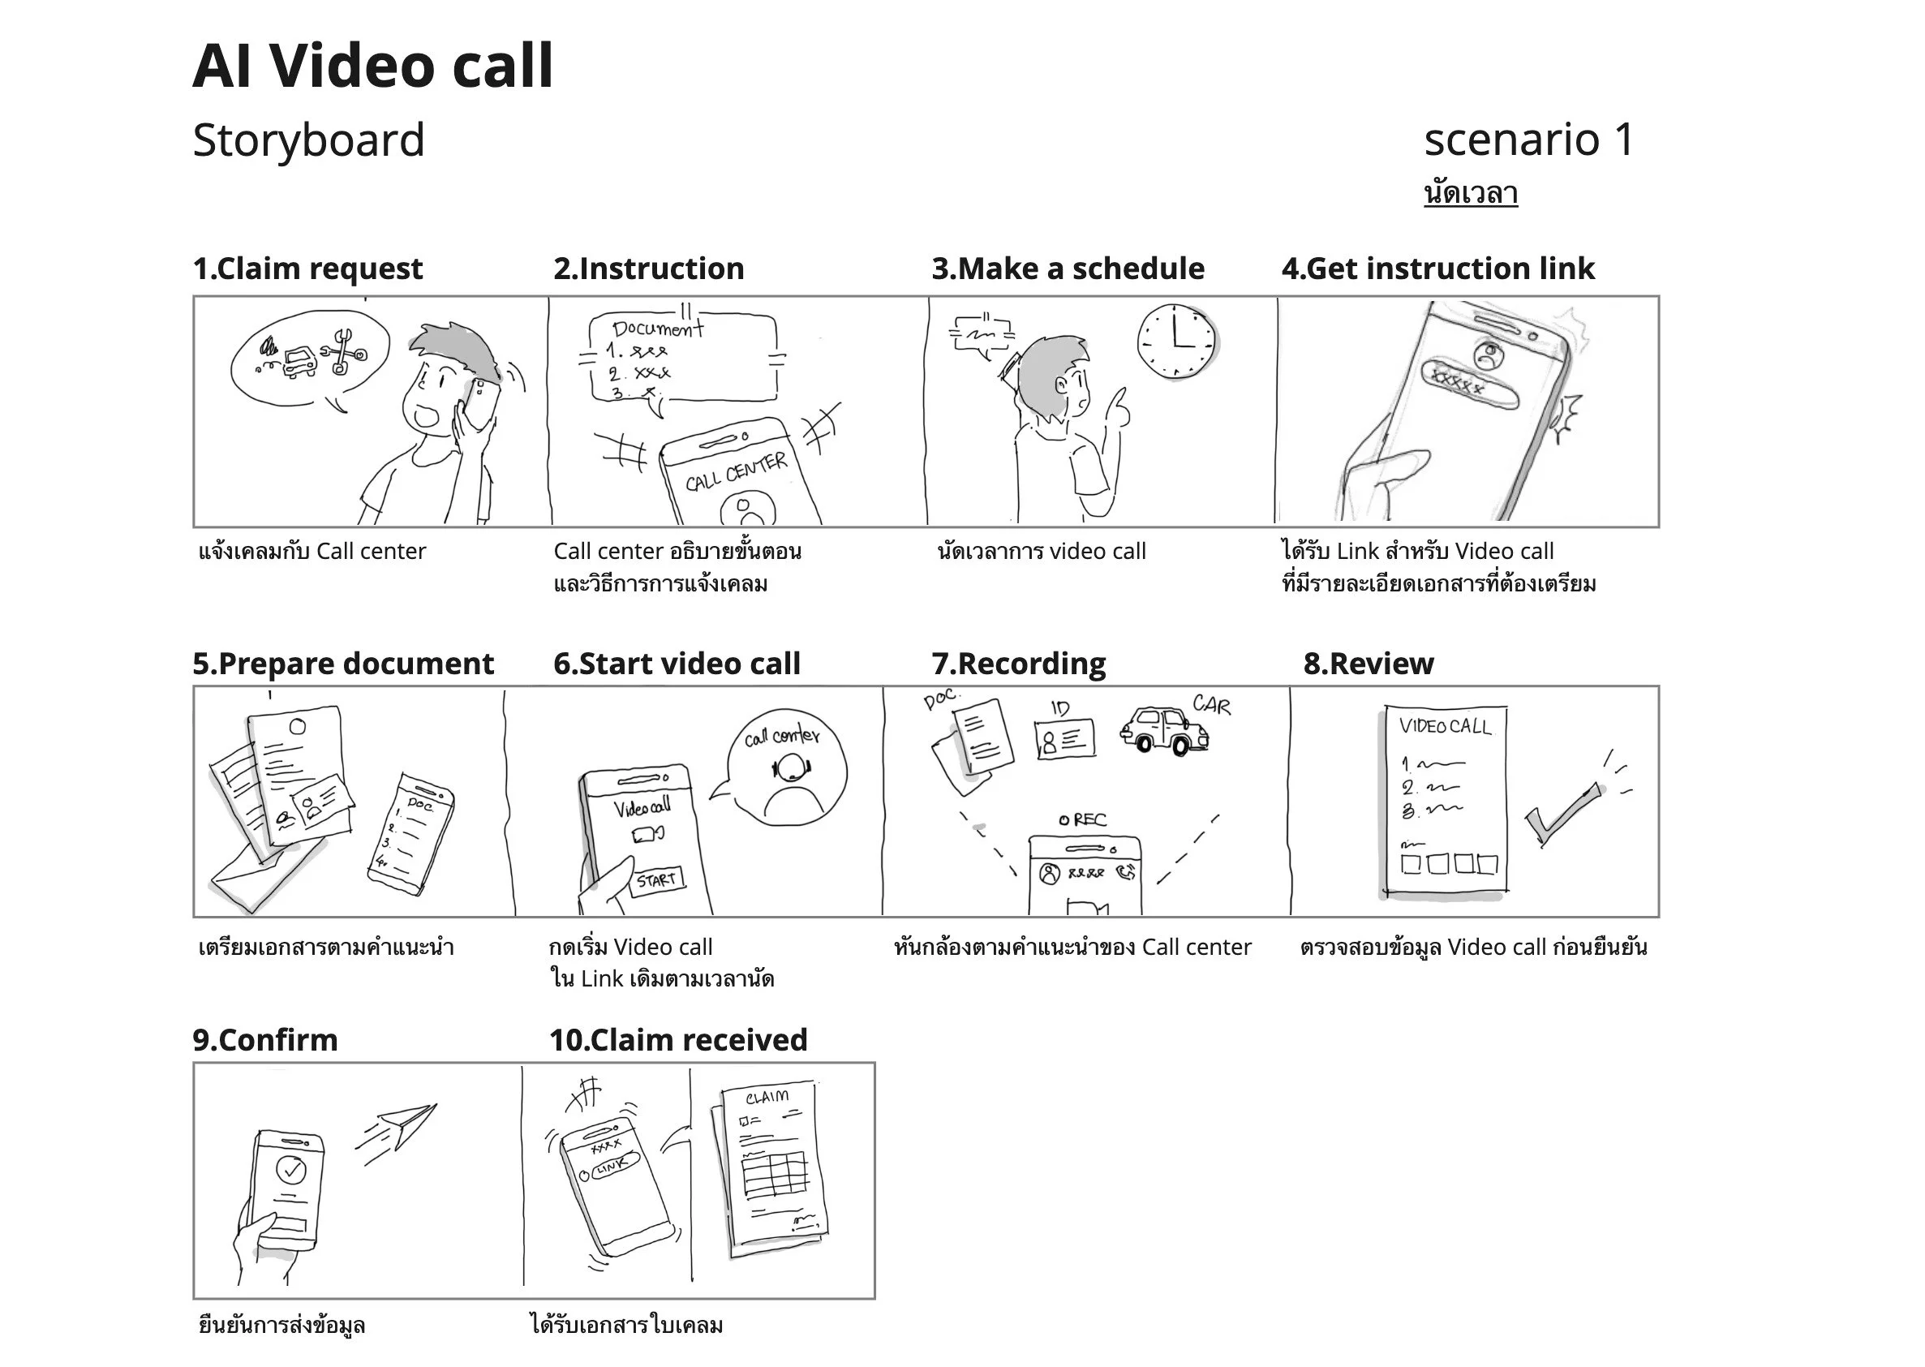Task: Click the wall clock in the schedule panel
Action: (x=1177, y=340)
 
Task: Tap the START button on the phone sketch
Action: (x=657, y=879)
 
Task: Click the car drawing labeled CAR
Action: (x=1163, y=730)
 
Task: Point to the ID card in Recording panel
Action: (x=1066, y=738)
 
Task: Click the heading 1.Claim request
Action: (x=307, y=269)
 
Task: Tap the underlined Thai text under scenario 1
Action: (x=1471, y=194)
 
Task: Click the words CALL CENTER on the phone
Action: (x=736, y=472)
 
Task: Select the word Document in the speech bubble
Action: (x=657, y=329)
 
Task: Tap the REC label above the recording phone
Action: (x=1084, y=820)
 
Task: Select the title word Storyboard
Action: (x=308, y=140)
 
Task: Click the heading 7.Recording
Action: (x=1019, y=664)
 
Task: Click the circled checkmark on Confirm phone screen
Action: (x=291, y=1169)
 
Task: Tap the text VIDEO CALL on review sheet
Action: (x=1445, y=726)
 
